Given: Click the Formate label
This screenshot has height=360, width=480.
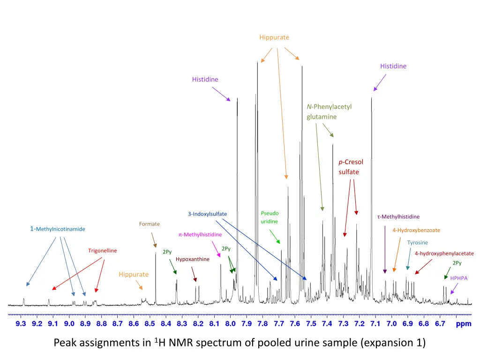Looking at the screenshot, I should coord(149,224).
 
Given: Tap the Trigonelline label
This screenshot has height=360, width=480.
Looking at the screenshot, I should coord(103,251).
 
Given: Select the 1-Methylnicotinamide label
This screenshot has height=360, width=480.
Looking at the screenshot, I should coord(58,229).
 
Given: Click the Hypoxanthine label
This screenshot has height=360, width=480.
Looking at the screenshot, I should coord(192,259).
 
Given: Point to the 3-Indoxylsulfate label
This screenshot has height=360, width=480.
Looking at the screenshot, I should coord(207,214).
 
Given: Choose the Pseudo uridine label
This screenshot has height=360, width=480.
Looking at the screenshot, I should coord(270,217).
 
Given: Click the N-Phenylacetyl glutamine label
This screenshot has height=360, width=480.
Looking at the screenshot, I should coord(329,112).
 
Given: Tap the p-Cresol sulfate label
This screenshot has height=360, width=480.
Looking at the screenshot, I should coord(351,167).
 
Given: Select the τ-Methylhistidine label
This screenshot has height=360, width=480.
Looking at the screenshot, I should coord(398,217).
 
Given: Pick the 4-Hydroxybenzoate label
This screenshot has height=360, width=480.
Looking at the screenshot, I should coord(416,230).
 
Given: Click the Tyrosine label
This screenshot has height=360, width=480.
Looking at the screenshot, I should coord(417,243).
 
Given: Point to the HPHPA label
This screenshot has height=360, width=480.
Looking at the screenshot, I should coord(459,278).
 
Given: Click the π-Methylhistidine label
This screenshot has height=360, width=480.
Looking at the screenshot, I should coord(200,234).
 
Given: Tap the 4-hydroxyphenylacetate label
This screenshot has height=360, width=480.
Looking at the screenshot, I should coord(444,254).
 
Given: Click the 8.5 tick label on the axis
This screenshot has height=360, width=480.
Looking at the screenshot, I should coord(150,323).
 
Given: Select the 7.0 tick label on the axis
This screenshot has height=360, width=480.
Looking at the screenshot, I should coord(391,323).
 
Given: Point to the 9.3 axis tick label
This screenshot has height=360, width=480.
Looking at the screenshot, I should coord(21,323).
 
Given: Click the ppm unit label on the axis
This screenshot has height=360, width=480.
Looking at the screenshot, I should coord(463,323).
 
